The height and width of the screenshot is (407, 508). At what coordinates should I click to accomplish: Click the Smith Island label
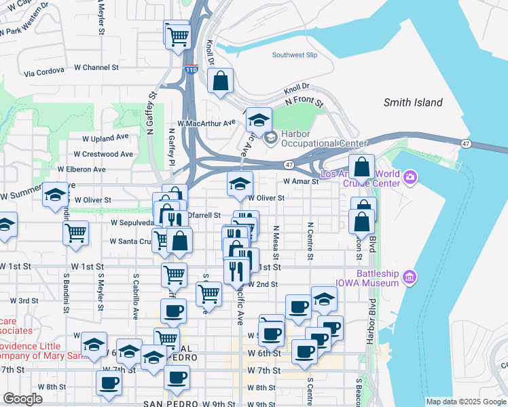click(413, 103)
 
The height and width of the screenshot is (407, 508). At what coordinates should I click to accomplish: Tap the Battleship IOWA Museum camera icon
click(409, 277)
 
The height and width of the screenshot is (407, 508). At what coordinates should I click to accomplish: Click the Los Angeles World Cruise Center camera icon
click(410, 178)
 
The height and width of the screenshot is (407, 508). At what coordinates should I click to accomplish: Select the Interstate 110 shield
click(192, 69)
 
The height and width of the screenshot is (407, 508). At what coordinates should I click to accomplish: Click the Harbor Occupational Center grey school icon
click(271, 138)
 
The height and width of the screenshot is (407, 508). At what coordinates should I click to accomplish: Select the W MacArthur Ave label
click(206, 123)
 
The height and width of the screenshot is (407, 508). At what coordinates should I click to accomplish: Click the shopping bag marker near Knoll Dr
click(221, 83)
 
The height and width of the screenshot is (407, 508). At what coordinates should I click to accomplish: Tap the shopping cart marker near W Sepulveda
click(75, 233)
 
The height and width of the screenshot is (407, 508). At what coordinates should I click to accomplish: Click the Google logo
click(22, 400)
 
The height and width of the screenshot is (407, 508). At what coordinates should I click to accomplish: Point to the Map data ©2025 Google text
click(465, 402)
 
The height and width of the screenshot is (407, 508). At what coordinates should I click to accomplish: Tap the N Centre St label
click(310, 240)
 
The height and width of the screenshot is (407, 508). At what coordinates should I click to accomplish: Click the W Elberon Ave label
click(81, 169)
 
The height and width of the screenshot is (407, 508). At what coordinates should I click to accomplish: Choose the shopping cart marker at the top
click(177, 35)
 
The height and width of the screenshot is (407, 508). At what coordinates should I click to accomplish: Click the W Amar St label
click(302, 182)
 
